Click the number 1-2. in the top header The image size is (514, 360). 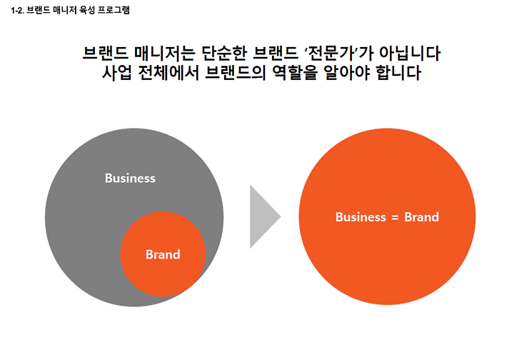pos(16,11)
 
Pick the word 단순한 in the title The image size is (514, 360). pos(223,53)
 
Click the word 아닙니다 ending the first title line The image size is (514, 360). pos(410,53)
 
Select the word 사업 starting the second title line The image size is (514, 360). pos(116,73)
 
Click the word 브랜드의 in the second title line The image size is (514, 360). pos(235,73)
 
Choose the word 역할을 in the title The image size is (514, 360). pos(295,73)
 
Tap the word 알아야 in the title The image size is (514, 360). pos(346,73)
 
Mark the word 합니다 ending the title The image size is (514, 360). pos(398,73)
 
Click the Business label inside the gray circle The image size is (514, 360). pos(130,179)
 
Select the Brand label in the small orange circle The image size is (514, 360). pos(163,254)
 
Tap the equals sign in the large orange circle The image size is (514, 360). pos(395,218)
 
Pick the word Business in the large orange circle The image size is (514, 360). pos(361,217)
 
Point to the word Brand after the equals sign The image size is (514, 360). pos(422,217)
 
